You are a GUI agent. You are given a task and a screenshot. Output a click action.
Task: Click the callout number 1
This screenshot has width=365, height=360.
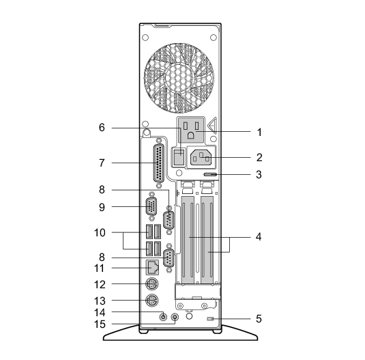(259, 133)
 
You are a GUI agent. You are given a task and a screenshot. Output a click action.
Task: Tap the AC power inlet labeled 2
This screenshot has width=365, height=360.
(201, 158)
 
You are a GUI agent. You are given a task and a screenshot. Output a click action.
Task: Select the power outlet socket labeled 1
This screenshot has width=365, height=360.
(191, 130)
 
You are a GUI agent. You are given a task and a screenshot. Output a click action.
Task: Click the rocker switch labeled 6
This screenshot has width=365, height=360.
(179, 156)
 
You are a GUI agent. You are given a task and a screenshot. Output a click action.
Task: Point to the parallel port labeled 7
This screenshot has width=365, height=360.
(159, 163)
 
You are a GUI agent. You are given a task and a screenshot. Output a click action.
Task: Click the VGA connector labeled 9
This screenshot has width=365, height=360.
(151, 206)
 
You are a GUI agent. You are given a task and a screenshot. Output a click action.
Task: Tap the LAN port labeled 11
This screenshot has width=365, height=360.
(152, 267)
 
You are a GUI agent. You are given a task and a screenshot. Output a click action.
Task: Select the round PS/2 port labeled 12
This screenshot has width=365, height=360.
(152, 284)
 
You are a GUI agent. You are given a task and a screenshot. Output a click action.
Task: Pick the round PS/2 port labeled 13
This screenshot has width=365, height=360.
(152, 301)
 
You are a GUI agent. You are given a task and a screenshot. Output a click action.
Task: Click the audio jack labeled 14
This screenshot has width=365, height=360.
(164, 317)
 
